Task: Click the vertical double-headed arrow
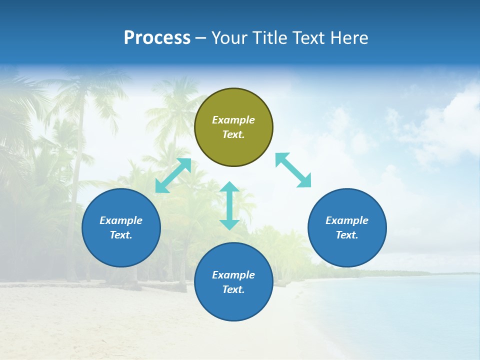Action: click(229, 205)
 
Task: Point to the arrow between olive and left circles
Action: click(173, 175)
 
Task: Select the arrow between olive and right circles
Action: click(293, 170)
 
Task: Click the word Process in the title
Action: click(157, 38)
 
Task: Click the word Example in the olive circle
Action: click(233, 120)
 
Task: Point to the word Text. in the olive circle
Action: click(233, 134)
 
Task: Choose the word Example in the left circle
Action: click(121, 220)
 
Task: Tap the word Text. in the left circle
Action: click(121, 235)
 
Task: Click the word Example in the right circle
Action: click(347, 220)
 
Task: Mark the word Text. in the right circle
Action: click(347, 235)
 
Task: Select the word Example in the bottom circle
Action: click(233, 275)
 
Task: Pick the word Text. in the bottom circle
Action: click(233, 289)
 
